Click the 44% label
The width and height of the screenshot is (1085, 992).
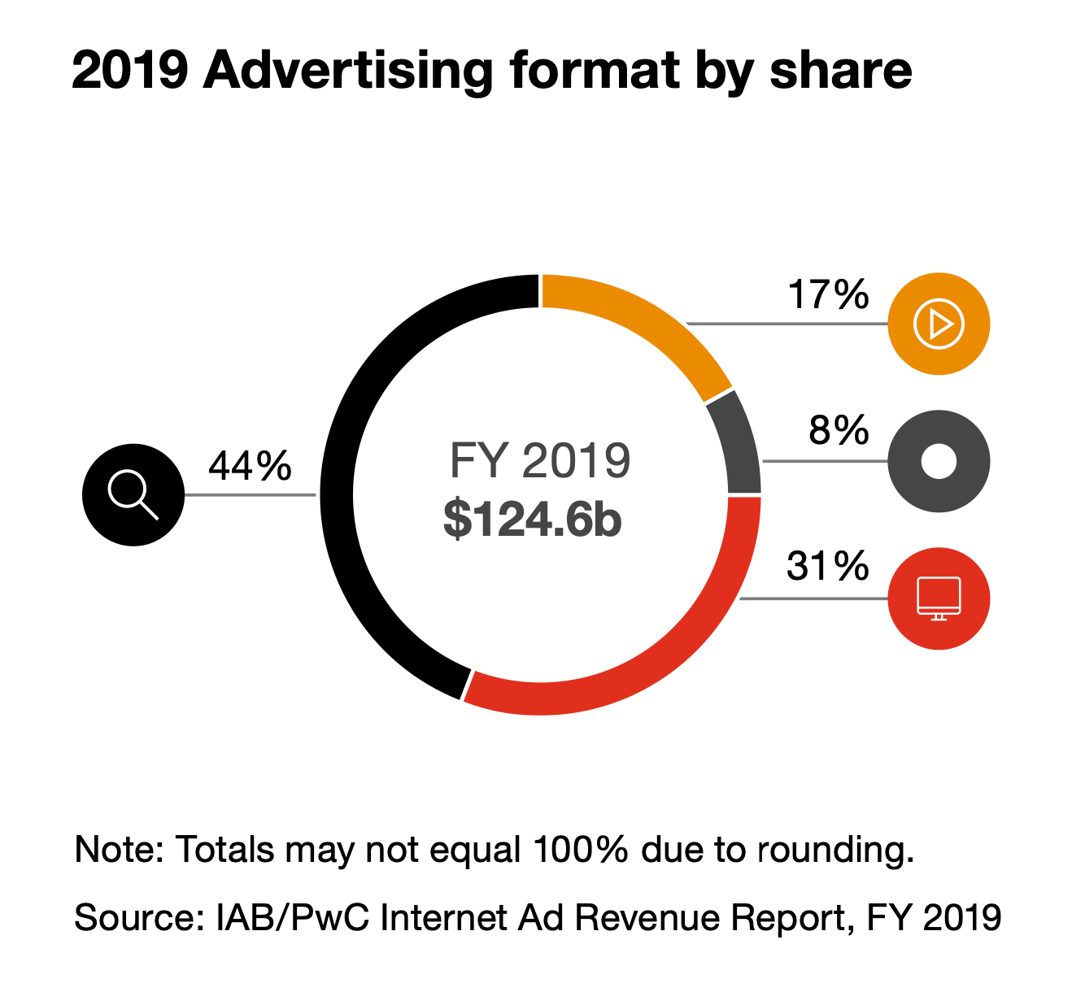click(x=250, y=466)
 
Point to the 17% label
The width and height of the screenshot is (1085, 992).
click(x=828, y=294)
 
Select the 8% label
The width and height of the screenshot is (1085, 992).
click(x=839, y=430)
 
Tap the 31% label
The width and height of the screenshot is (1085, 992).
click(x=828, y=566)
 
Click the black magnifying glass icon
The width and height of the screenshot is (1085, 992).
click(x=133, y=494)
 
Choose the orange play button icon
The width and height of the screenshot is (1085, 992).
click(x=939, y=324)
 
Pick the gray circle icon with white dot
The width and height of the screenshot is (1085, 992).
click(x=939, y=461)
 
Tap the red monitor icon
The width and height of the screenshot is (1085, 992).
click(x=939, y=598)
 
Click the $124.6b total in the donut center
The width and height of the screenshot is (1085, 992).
click(x=533, y=519)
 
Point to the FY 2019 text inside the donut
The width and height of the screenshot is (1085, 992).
click(x=539, y=460)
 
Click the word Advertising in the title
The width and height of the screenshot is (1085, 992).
click(x=348, y=71)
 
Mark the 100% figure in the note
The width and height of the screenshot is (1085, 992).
click(x=581, y=850)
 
